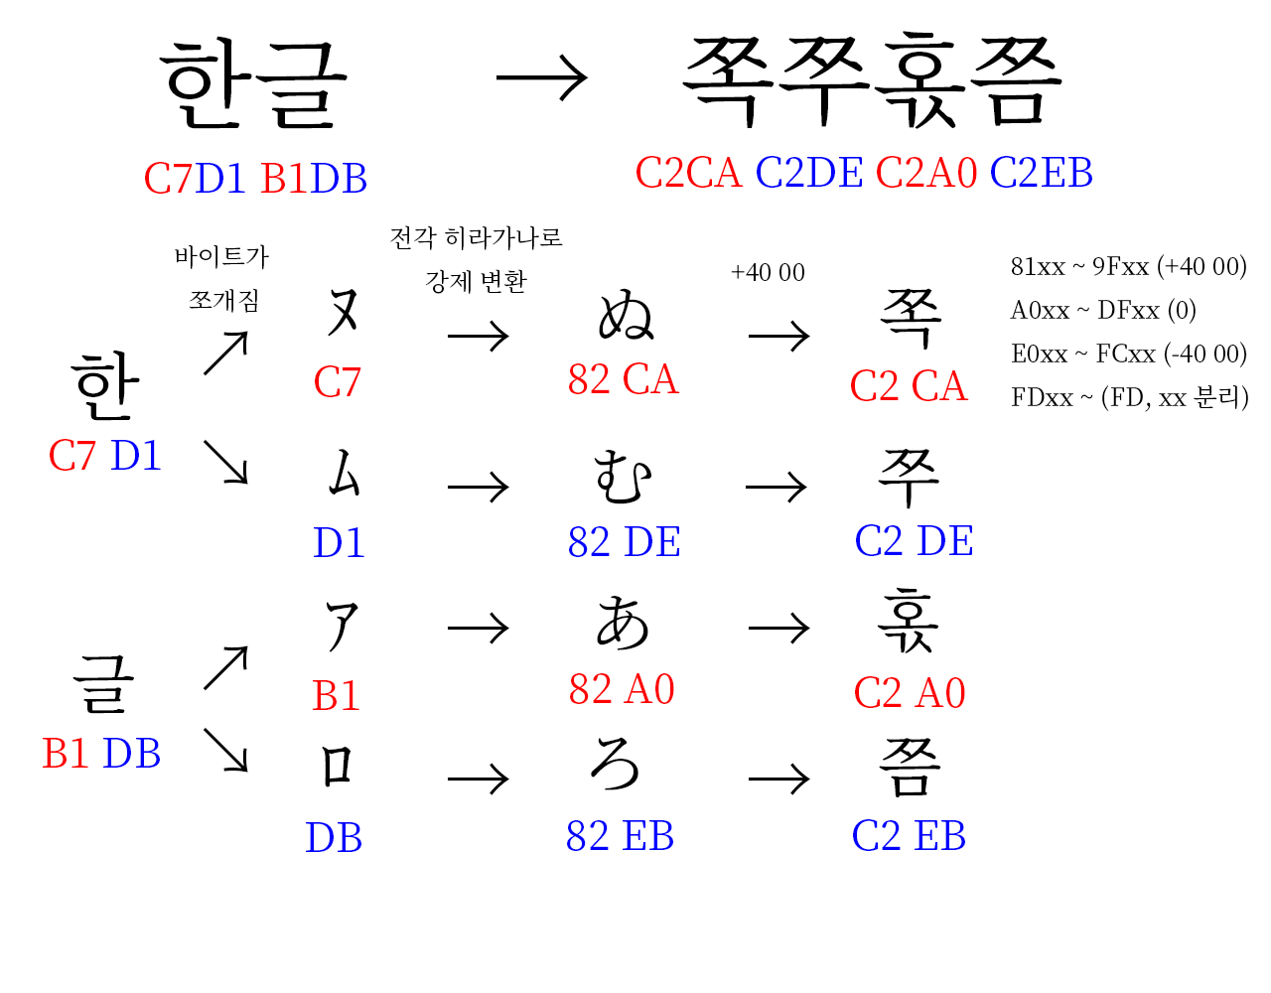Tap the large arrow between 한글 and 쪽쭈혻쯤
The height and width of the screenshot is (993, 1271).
point(541,78)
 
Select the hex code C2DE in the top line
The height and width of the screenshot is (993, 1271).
point(809,174)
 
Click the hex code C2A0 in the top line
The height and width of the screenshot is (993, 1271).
point(926,174)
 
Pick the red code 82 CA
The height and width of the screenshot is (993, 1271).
point(623,380)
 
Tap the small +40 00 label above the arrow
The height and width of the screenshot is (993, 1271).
point(768,273)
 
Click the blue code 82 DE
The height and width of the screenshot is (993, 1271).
point(624,543)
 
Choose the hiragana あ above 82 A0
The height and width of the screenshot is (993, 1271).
point(623,624)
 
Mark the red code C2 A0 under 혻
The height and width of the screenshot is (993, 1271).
point(910,693)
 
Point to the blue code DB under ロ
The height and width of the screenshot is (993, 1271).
point(334,839)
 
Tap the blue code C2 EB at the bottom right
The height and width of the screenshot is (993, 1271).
point(909,837)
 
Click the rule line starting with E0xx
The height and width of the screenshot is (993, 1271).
point(1128,355)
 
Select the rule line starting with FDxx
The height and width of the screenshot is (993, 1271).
point(1129,398)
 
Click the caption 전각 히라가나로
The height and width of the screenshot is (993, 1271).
point(476,238)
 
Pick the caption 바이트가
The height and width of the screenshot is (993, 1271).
point(221,257)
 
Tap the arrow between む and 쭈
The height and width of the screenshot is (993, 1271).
point(776,488)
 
